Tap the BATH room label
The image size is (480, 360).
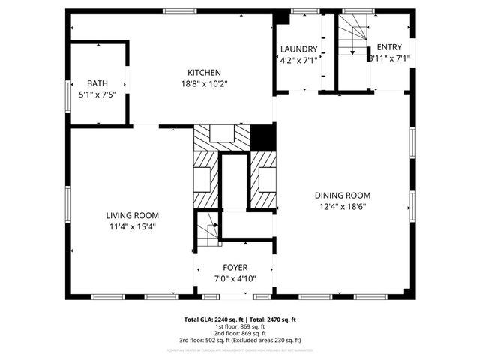pos(97,83)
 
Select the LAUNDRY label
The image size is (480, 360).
pos(299,49)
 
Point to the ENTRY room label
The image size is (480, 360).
pos(389,46)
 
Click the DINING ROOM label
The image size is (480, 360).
pos(343,196)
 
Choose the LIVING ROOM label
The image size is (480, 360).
pos(132,215)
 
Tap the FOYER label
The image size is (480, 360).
pos(235,268)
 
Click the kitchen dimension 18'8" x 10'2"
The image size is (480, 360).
pos(203,84)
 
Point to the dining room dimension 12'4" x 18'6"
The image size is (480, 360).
pos(343,207)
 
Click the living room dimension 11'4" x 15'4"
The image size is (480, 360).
pos(132,226)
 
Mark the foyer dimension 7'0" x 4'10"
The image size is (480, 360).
pos(235,279)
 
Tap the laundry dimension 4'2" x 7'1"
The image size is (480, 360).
pos(299,61)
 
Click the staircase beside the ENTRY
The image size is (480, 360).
pos(351,39)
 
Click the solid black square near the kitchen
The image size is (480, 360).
pos(262,137)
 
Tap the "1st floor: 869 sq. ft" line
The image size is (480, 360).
pos(240,327)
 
